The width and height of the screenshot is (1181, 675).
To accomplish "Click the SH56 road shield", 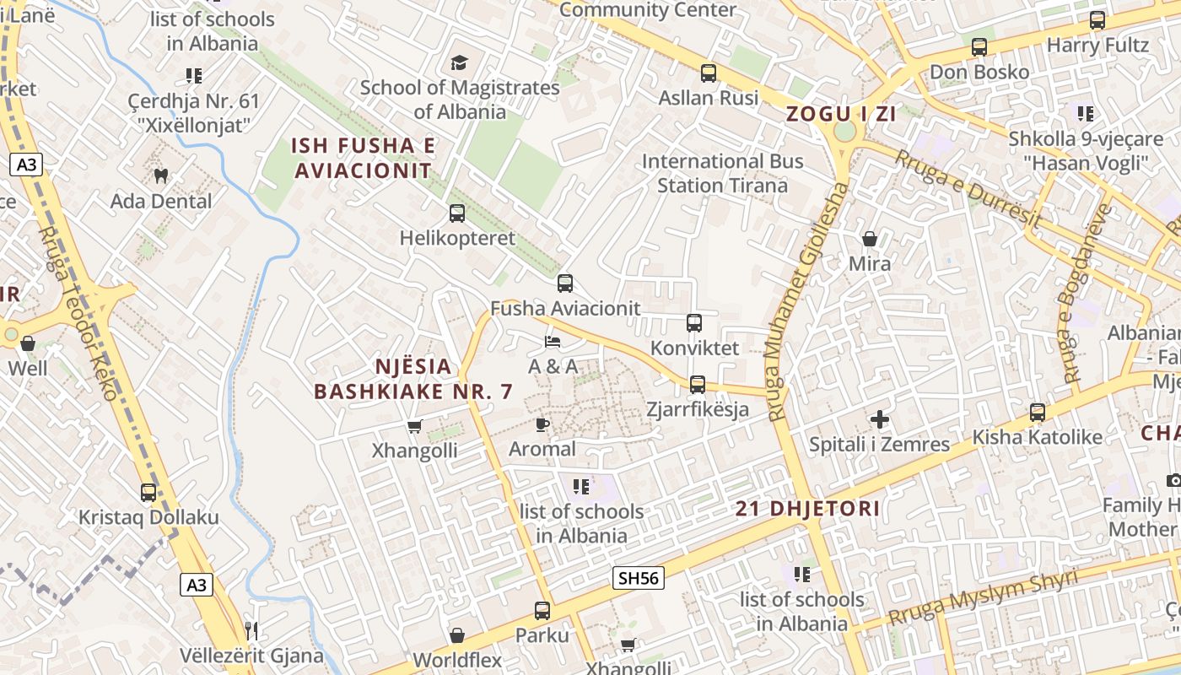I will (x=638, y=578).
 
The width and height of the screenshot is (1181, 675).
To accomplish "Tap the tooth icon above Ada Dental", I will (x=160, y=175).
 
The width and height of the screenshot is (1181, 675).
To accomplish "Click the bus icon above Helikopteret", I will (x=456, y=213).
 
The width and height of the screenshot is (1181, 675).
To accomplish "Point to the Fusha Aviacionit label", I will (x=565, y=309).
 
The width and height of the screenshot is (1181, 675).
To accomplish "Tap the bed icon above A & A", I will (x=553, y=342).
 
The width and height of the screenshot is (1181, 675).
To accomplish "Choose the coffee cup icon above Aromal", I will (x=542, y=424).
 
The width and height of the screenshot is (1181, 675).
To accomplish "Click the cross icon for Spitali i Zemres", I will (x=880, y=419).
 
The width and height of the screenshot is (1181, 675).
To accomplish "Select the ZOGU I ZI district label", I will (x=841, y=114).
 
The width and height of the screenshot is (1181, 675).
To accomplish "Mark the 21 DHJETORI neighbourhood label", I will (x=807, y=509).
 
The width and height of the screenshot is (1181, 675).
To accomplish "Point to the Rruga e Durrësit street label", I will (x=968, y=190).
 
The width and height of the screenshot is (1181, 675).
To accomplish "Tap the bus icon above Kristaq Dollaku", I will (x=148, y=492).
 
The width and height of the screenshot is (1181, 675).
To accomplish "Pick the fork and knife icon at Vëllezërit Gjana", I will (x=251, y=630).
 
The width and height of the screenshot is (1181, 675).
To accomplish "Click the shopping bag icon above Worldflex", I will (x=457, y=635).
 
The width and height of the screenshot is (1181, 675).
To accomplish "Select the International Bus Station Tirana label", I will (x=722, y=173).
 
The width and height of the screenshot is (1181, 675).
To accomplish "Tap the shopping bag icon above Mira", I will (x=869, y=239).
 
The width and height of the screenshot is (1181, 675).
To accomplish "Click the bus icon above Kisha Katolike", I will (x=1037, y=413).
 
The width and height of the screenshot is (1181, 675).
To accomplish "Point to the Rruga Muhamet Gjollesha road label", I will (x=806, y=300).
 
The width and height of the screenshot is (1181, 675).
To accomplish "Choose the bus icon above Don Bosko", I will (x=979, y=47).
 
